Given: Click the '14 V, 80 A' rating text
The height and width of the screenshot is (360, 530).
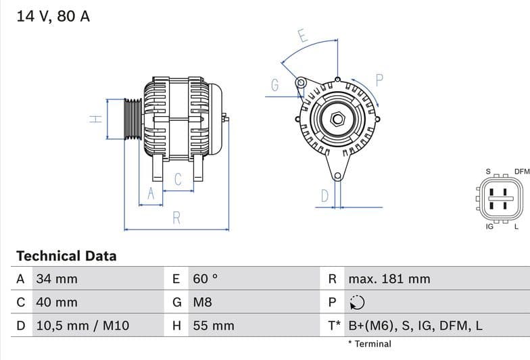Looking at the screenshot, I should pos(53,16).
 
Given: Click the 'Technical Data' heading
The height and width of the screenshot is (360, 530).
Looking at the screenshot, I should pos(66,256).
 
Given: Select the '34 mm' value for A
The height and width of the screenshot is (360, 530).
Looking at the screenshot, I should pos(57,279).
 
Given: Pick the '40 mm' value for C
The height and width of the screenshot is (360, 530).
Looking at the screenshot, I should pos(57,303).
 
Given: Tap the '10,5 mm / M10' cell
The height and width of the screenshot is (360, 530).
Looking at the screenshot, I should pos(82,326).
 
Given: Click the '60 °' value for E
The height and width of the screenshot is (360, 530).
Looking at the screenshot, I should pos(206,279).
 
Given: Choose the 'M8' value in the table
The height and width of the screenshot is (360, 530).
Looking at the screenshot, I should pos(203,303).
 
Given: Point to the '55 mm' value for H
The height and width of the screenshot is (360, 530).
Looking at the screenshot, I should pos(214,326).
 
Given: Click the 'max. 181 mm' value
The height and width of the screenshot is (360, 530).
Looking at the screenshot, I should pos(389,279).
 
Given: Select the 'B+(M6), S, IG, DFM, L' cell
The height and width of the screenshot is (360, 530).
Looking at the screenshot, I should pos(416,326).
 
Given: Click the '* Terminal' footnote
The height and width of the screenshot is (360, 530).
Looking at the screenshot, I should pos(370,344).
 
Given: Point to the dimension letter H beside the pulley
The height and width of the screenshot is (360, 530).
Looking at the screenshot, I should pos(97,119).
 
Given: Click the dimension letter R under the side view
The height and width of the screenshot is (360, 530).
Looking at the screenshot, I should pos(176,217).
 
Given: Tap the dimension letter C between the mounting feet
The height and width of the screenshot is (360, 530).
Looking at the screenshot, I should pos(178,180).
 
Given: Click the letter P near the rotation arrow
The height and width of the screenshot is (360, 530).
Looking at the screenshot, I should pos(379,80).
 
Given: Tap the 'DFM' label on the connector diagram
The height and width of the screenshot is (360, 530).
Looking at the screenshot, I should pos(521,172).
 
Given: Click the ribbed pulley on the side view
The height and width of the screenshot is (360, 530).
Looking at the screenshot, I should pos(133,119).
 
